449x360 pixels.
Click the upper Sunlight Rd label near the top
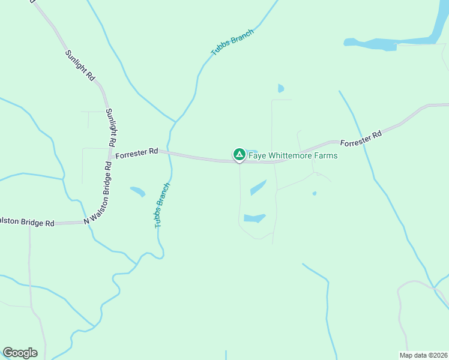(x=80, y=65)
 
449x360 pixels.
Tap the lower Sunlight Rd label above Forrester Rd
(x=110, y=128)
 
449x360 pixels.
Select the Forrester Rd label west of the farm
(x=136, y=154)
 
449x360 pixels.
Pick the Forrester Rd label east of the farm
(x=361, y=139)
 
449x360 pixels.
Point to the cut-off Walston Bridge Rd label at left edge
(x=27, y=222)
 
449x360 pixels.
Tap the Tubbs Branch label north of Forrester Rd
(x=232, y=43)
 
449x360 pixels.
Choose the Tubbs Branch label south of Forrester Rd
(x=163, y=205)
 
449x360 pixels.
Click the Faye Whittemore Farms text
(x=293, y=156)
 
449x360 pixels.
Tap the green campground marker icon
(x=239, y=155)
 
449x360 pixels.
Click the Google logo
(x=20, y=353)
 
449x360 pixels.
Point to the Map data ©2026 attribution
(x=423, y=355)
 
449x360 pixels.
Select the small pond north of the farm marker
(x=281, y=89)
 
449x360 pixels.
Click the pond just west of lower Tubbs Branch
(x=138, y=192)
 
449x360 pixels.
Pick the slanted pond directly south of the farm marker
(x=258, y=187)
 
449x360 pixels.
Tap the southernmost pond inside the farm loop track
(x=255, y=218)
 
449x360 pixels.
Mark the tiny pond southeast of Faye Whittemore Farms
(x=314, y=193)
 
